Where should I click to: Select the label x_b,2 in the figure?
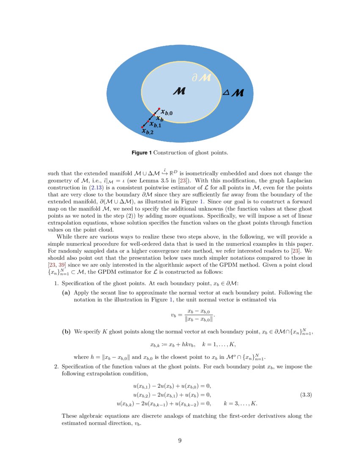click(x=147, y=132)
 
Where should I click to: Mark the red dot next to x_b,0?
click(x=159, y=108)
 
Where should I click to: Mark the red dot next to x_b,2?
click(x=142, y=127)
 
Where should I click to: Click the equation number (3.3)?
click(x=306, y=395)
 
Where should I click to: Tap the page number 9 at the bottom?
click(x=180, y=441)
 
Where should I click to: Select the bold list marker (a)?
click(x=66, y=293)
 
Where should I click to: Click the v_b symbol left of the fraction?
click(x=174, y=315)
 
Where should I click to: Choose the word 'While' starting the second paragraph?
click(x=65, y=236)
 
